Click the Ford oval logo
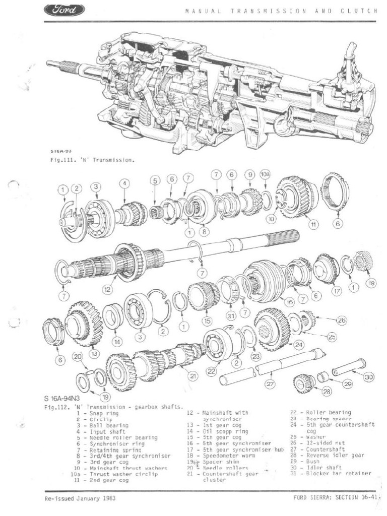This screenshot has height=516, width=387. [65, 10]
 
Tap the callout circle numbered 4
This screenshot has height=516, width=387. [124, 184]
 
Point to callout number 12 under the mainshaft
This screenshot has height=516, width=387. [107, 290]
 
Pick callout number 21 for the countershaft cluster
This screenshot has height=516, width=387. [192, 375]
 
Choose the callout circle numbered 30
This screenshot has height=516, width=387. [369, 376]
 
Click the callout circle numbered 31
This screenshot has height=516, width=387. [231, 316]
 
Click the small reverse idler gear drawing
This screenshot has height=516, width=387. [304, 383]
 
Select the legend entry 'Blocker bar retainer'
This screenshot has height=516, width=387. [338, 473]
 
